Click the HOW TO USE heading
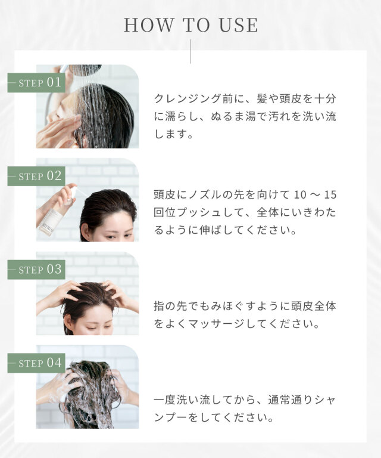pos(191,25)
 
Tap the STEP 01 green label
pos(36,83)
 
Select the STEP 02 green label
pos(36,176)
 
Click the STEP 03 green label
pos(36,270)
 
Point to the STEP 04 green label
pos(36,363)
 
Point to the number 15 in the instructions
pos(330,194)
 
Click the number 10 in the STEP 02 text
pos(299,194)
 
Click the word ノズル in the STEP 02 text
pos(205,194)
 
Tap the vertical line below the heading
pos(190,52)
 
